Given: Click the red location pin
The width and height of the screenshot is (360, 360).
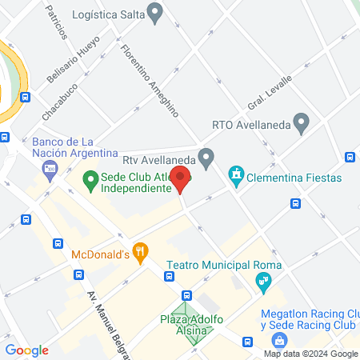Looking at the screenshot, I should (179, 178).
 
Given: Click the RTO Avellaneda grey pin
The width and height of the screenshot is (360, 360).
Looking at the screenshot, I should (302, 123).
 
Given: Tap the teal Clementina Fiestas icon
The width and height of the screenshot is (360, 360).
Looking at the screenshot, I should (236, 175).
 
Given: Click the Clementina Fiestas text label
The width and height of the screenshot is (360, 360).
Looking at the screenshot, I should (294, 178).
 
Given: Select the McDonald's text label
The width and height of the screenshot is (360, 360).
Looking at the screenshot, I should (101, 254).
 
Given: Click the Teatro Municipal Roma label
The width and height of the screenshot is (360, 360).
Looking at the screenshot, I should (214, 266).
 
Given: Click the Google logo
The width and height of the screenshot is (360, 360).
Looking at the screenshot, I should (26, 350).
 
